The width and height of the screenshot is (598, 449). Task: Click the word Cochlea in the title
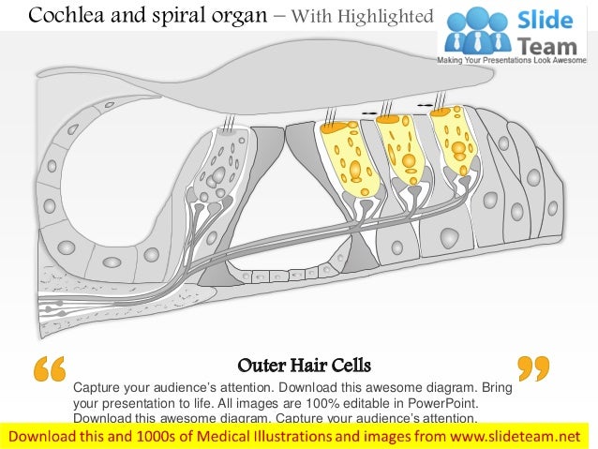tap(63, 15)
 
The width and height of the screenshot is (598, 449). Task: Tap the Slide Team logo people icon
tap(474, 31)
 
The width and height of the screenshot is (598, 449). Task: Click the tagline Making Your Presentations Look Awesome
tap(516, 60)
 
